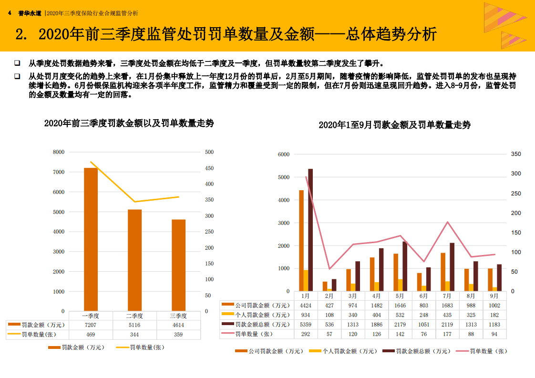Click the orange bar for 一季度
tap(91, 238)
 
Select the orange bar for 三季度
tap(178, 265)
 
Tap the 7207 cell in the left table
tap(90, 325)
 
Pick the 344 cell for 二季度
tap(134, 335)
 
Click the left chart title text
tap(129, 123)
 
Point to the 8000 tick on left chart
tap(59, 152)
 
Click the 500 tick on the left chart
tap(209, 152)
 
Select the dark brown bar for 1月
tap(310, 230)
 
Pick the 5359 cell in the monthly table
tap(306, 325)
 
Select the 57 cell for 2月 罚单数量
tap(329, 334)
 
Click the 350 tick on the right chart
tap(516, 154)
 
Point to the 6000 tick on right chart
tap(284, 154)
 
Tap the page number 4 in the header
tap(10, 13)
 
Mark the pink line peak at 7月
tap(448, 222)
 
